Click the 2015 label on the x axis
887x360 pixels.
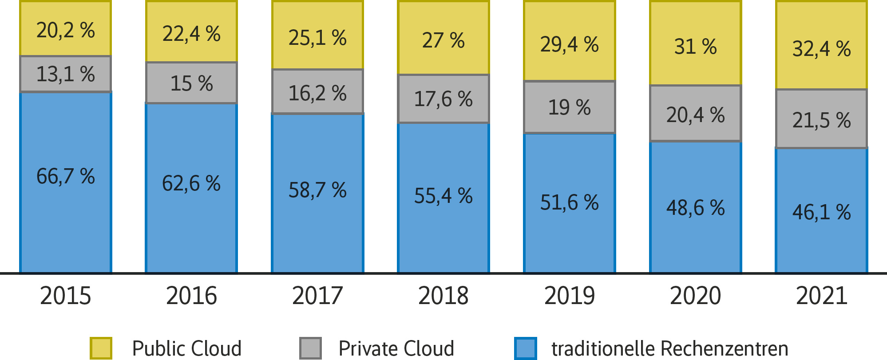point(66,296)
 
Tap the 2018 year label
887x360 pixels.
point(443,296)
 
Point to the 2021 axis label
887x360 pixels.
point(822,296)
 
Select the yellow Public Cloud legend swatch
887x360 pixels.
point(101,348)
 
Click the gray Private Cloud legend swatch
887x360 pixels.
point(310,348)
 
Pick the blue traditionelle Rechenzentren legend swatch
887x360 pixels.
point(526,348)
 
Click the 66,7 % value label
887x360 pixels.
point(66,176)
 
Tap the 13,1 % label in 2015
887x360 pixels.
point(66,74)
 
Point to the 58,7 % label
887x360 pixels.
point(317,190)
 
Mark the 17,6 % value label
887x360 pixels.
point(443,99)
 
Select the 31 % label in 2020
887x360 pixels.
point(696,47)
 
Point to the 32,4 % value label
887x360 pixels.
point(822,49)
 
